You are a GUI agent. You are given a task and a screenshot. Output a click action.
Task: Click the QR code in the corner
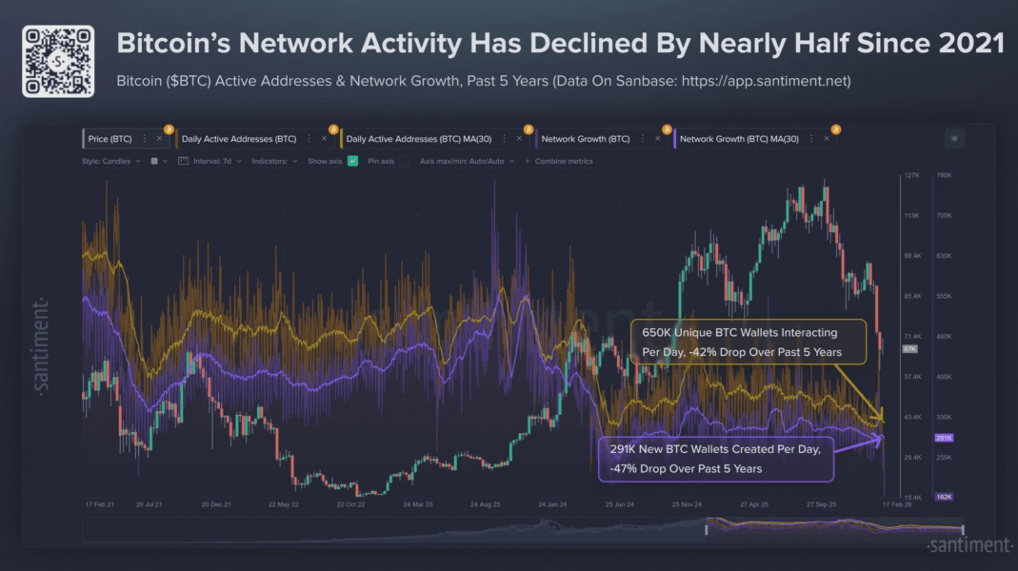pos(58,61)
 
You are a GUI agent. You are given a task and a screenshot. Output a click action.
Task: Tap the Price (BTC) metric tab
pos(110,139)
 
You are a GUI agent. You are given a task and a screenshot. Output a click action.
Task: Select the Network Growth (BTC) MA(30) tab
pos(739,139)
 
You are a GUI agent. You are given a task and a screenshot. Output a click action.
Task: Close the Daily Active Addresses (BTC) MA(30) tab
pos(519,139)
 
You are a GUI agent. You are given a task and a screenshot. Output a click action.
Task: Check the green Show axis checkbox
pos(352,161)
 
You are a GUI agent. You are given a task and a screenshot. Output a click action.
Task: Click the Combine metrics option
pos(563,161)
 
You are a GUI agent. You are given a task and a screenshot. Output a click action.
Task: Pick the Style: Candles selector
pos(110,161)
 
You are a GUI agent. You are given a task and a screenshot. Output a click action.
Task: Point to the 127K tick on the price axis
pos(910,176)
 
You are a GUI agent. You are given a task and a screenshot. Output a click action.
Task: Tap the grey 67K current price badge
pos(909,349)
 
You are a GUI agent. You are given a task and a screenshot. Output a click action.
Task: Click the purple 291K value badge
pos(944,439)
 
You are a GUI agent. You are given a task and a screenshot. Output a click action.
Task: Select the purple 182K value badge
pos(944,497)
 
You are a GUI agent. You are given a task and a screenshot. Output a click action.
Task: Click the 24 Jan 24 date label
pos(552,504)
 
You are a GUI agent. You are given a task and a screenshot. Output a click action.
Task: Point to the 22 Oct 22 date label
pos(349,504)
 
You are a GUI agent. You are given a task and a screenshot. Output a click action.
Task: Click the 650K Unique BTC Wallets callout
pos(748,343)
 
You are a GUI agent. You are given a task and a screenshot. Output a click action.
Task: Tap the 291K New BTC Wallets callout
pos(716,458)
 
